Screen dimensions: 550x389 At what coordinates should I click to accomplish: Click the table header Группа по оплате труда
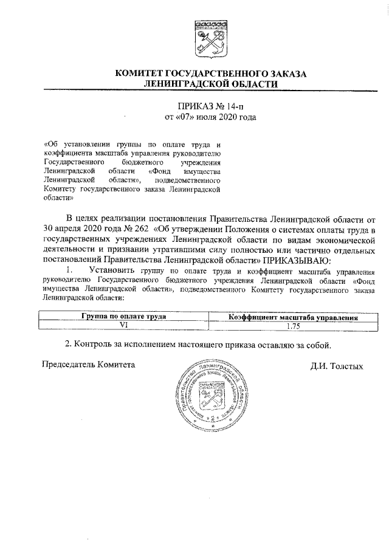point(123,317)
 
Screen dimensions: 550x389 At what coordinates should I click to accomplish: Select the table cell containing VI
point(123,325)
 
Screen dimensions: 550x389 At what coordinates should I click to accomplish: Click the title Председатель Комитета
point(88,365)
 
